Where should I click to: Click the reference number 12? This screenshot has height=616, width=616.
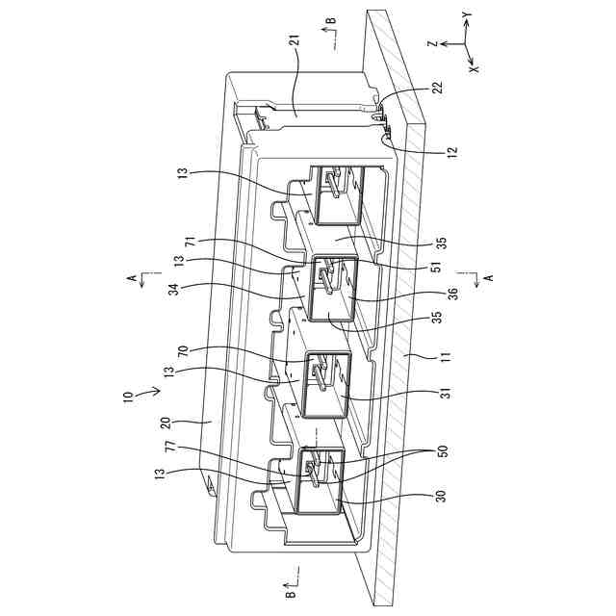[x=451, y=150]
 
